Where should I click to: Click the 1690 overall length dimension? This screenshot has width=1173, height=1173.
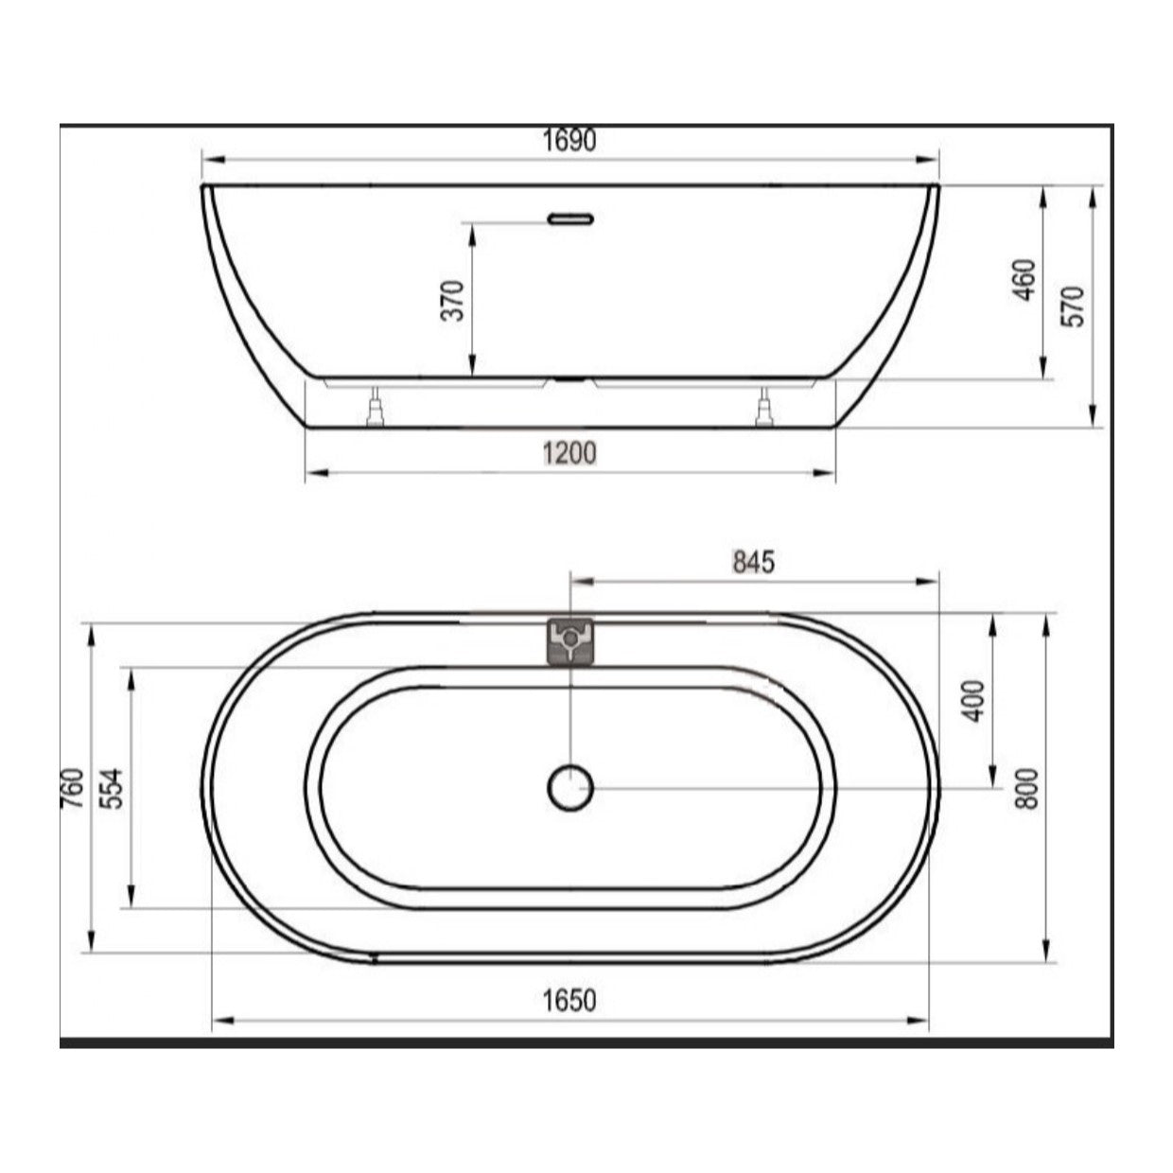569,141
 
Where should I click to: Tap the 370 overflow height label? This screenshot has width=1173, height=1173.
453,300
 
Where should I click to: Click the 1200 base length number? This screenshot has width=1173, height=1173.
569,453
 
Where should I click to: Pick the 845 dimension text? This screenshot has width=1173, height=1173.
754,562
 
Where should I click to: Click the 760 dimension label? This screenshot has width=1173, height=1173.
74,788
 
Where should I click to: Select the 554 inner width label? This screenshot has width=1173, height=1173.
111,789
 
